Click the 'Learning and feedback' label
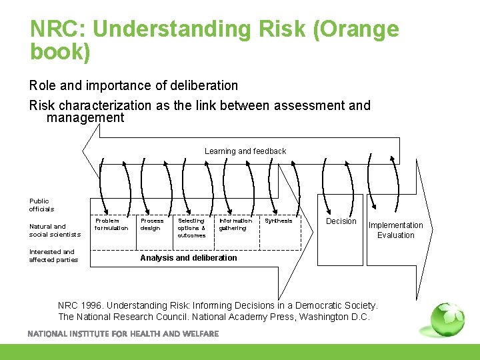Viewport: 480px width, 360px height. coord(245,151)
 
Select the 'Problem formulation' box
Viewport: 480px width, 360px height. coord(111,225)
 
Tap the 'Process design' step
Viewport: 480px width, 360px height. coord(152,225)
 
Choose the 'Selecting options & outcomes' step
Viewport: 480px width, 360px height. coord(191,228)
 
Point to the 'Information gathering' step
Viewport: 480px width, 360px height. coord(235,225)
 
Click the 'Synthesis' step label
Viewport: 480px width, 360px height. coord(278,221)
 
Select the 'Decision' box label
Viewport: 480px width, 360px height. coord(341,221)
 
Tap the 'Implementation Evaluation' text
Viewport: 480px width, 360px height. coord(395,230)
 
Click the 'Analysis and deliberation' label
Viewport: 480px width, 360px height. coord(188,258)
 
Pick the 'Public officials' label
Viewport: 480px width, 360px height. coord(41,205)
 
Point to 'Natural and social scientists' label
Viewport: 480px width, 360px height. coord(54,231)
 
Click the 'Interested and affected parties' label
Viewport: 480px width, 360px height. coord(53,256)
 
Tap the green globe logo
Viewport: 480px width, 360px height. coord(447,319)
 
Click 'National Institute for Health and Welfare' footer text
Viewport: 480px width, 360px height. coord(123,333)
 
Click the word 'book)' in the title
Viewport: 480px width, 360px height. coord(60,51)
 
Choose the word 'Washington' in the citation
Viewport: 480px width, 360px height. coord(323,317)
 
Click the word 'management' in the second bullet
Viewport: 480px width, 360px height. coord(85,118)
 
